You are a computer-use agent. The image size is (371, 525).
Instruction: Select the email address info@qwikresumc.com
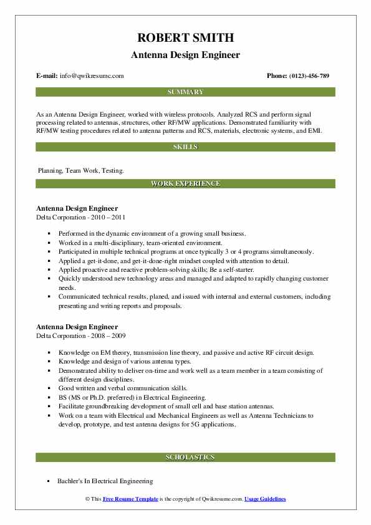click(92, 75)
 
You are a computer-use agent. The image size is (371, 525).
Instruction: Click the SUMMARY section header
click(185, 92)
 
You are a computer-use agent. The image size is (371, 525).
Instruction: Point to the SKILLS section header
click(185, 147)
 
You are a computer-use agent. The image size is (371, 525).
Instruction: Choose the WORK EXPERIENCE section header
click(185, 184)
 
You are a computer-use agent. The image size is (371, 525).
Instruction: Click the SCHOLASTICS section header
click(185, 458)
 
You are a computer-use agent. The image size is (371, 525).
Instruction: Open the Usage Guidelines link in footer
click(265, 499)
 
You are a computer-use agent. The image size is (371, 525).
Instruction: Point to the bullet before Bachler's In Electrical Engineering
click(48, 481)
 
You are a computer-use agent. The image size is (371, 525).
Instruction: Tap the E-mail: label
click(47, 75)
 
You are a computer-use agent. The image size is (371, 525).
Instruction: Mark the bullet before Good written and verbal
click(48, 387)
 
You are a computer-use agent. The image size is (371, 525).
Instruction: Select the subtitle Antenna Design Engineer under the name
click(185, 55)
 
